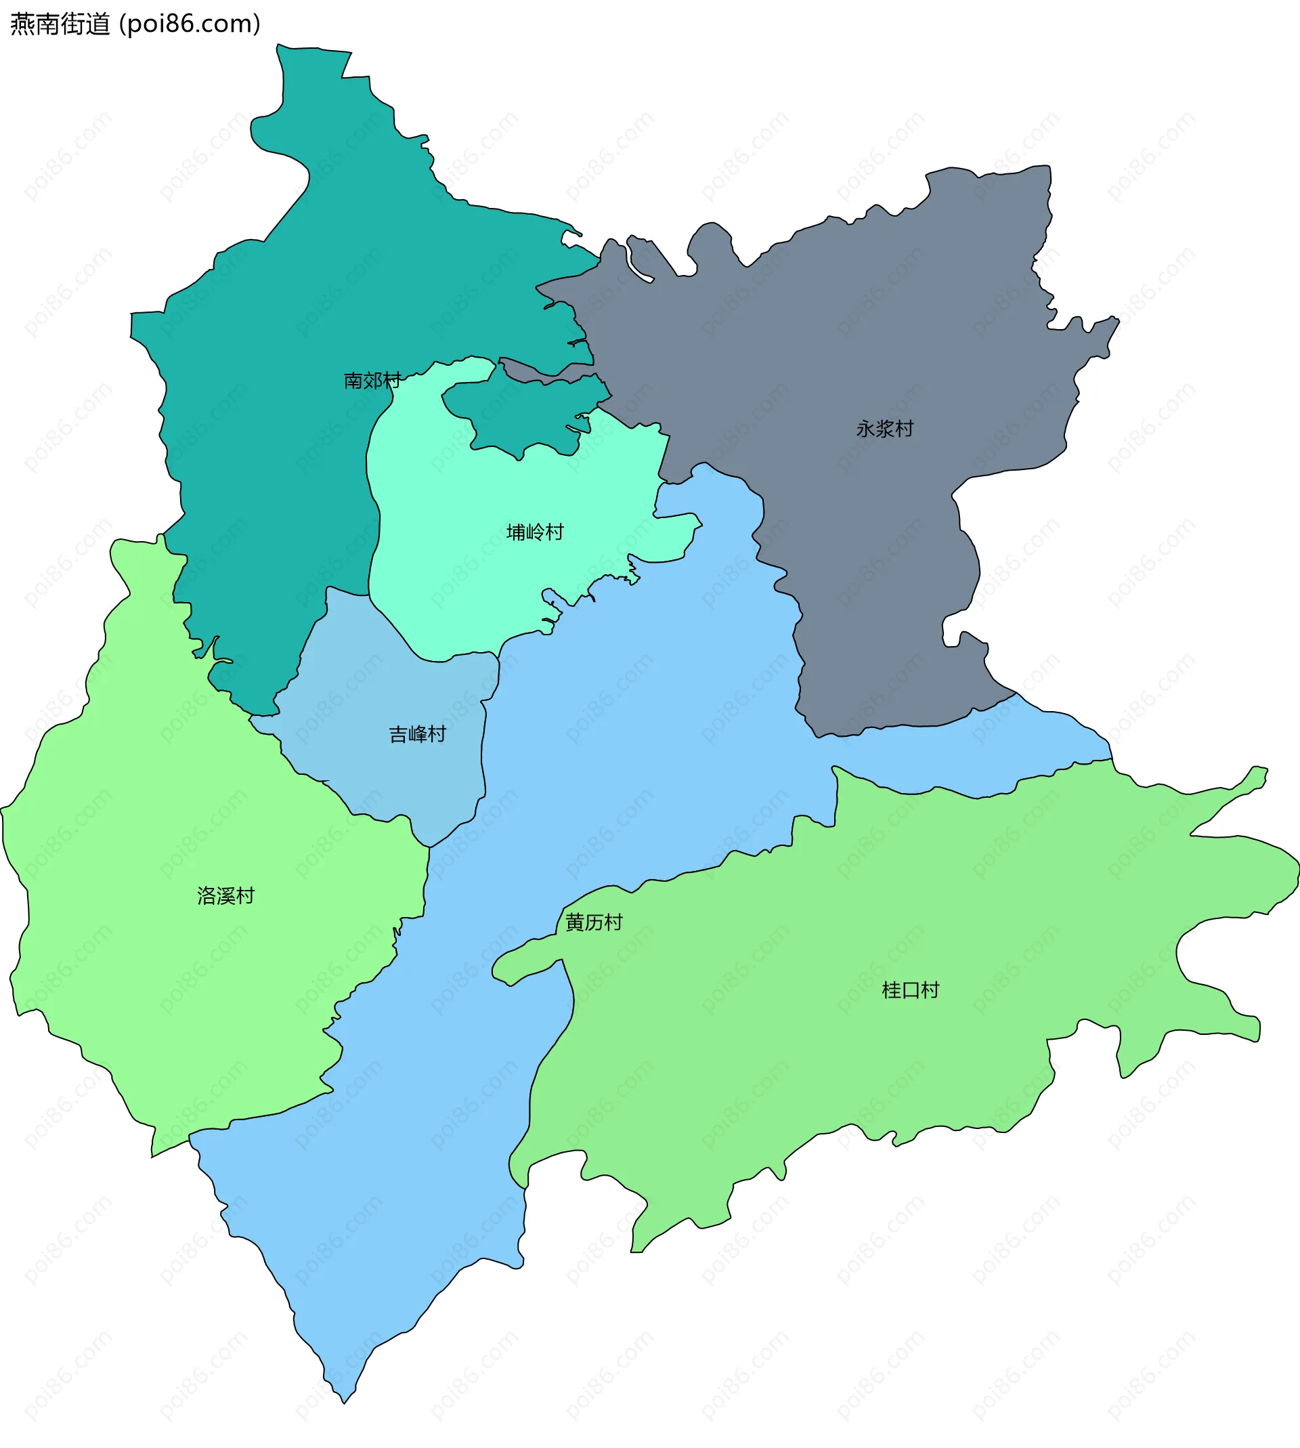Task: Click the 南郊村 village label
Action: point(372,381)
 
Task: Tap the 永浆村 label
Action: point(884,429)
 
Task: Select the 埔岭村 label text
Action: point(534,532)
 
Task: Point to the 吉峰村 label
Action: point(417,734)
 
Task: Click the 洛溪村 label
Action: point(225,896)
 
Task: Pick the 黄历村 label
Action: point(594,922)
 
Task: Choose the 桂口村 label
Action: point(910,990)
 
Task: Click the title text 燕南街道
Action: point(61,24)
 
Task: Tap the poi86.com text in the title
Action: point(190,24)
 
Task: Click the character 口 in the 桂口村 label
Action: point(910,990)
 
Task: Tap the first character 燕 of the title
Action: point(22,24)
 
